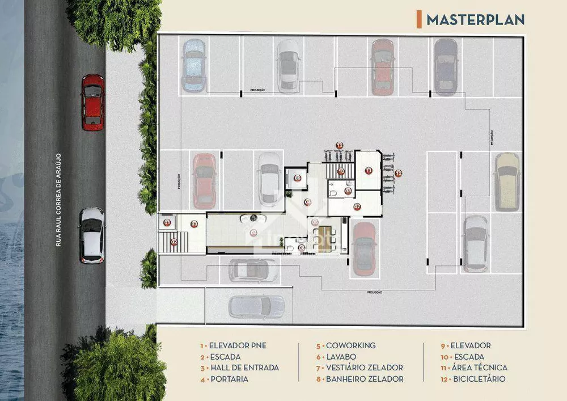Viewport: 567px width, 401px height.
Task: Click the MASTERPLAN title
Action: [x=475, y=19]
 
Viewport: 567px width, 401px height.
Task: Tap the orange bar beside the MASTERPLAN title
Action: [x=419, y=19]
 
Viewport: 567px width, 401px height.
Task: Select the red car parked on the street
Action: [x=92, y=102]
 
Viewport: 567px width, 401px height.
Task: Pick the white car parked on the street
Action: [x=92, y=235]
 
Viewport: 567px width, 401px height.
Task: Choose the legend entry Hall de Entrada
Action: [x=239, y=368]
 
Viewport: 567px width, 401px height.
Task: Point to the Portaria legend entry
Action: [x=224, y=379]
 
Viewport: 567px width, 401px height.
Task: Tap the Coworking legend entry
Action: [x=346, y=345]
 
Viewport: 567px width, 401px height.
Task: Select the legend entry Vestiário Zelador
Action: [x=359, y=368]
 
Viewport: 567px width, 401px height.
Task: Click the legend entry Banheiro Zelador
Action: [x=360, y=379]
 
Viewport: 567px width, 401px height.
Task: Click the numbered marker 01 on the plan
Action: [x=167, y=223]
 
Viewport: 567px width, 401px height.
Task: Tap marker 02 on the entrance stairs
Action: [x=174, y=242]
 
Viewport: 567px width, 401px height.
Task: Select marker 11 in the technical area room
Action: [x=369, y=170]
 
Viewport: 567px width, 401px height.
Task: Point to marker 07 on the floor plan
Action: [x=357, y=207]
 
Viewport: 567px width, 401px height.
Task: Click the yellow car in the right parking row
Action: [x=506, y=181]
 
